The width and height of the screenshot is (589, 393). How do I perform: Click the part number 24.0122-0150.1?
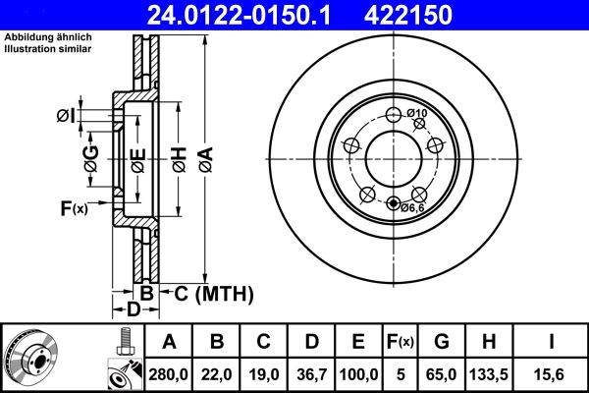(234, 14)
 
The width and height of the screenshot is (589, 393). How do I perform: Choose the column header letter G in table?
(442, 342)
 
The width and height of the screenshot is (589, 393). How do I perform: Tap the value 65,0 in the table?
(442, 373)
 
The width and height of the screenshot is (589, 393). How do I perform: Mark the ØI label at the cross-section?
(65, 116)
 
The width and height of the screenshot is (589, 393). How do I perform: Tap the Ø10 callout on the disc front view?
(417, 114)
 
